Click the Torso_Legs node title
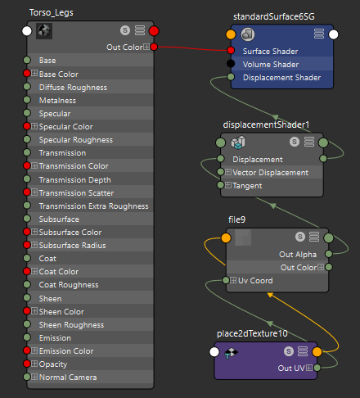(x=52, y=13)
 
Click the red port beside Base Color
(x=27, y=74)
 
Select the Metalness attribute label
(x=57, y=101)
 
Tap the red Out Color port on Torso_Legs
(x=154, y=47)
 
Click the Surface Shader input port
(x=231, y=50)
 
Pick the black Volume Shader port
(x=231, y=64)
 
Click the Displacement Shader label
(x=281, y=78)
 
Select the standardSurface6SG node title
(x=274, y=16)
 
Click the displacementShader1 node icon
(x=238, y=142)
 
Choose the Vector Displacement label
(x=270, y=173)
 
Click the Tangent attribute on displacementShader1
(x=247, y=186)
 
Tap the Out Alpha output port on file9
(x=329, y=254)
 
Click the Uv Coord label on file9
(x=255, y=281)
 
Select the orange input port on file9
(x=226, y=237)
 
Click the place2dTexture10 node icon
(x=231, y=353)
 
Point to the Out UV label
(x=291, y=369)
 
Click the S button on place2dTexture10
(x=289, y=351)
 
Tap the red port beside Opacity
(x=27, y=364)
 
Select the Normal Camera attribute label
(x=68, y=378)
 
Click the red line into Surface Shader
(x=192, y=48)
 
